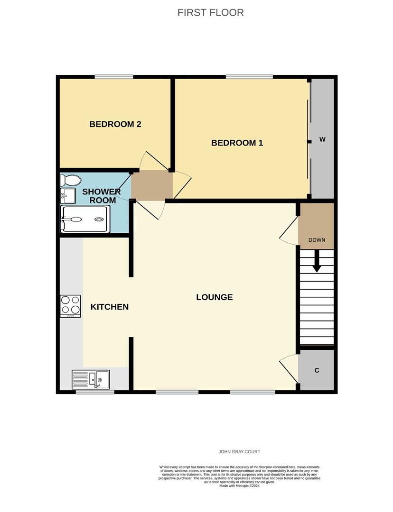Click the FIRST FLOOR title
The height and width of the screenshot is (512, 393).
pyautogui.click(x=211, y=13)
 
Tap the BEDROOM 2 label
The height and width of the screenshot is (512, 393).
pyautogui.click(x=115, y=124)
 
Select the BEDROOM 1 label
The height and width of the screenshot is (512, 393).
pyautogui.click(x=237, y=143)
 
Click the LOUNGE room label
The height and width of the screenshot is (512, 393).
pyautogui.click(x=215, y=297)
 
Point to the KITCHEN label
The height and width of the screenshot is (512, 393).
pyautogui.click(x=110, y=307)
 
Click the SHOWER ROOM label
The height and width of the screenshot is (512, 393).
pyautogui.click(x=102, y=196)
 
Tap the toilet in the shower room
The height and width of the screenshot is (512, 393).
pyautogui.click(x=71, y=180)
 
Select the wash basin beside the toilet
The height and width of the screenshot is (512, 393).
pyautogui.click(x=68, y=195)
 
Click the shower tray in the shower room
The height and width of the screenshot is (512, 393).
pyautogui.click(x=85, y=219)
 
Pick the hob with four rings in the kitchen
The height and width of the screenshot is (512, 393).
pyautogui.click(x=70, y=306)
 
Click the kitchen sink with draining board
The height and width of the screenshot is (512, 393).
pyautogui.click(x=91, y=379)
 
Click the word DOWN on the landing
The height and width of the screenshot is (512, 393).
pyautogui.click(x=317, y=240)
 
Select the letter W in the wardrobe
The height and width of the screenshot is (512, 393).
pyautogui.click(x=322, y=139)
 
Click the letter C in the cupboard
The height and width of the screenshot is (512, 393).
pyautogui.click(x=317, y=370)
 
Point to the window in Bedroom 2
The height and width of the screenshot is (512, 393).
pyautogui.click(x=113, y=77)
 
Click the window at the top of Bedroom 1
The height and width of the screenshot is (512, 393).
pyautogui.click(x=249, y=77)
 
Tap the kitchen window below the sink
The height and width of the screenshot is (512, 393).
pyautogui.click(x=95, y=392)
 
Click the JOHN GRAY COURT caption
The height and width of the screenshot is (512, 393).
pyautogui.click(x=239, y=452)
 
